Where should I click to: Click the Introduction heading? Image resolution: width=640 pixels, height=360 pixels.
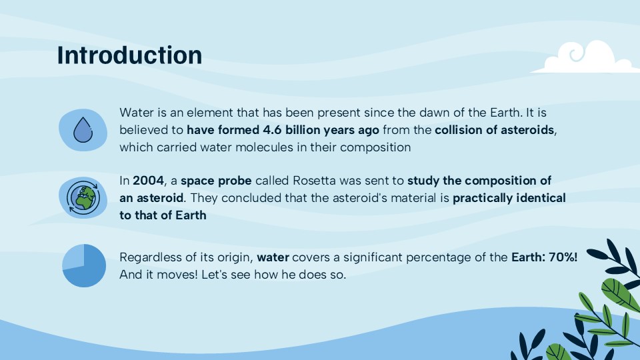(129, 55)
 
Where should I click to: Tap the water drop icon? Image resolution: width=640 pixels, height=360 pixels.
(83, 130)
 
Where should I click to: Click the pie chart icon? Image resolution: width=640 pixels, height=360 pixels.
(84, 265)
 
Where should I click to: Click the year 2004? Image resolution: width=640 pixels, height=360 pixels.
(147, 181)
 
